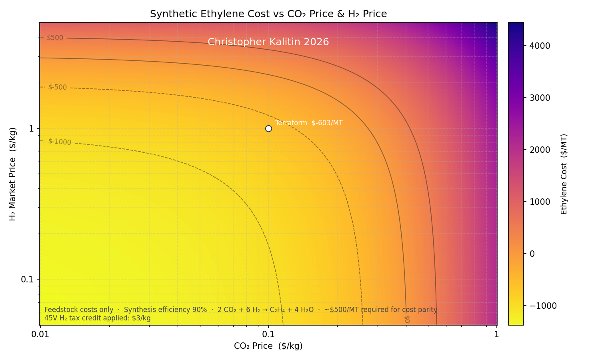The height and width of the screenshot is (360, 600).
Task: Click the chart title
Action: pos(268,14)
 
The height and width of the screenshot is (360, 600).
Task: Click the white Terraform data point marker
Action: pos(268,128)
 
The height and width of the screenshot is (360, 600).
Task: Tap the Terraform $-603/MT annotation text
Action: pos(309,123)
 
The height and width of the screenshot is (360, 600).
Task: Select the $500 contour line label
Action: pos(55,38)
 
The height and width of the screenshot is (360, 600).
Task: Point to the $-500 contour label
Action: pos(57,87)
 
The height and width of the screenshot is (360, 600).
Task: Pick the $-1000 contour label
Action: pos(59,142)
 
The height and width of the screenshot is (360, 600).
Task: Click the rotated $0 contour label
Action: pos(407,319)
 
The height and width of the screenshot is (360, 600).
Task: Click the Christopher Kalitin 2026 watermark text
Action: pos(268,42)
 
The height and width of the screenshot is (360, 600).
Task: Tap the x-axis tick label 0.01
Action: pos(40,334)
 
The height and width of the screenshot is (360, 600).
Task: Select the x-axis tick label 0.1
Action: pos(268,334)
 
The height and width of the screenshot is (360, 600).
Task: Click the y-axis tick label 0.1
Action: pos(27,279)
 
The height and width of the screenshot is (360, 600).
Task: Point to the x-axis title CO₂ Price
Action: pos(268,346)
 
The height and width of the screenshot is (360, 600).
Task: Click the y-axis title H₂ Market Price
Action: pos(13,174)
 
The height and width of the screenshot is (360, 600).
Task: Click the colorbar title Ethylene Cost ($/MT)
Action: pos(564,174)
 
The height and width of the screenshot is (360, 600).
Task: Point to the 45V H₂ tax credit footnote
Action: pos(98,318)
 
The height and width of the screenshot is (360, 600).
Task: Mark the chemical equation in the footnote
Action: pos(266,310)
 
